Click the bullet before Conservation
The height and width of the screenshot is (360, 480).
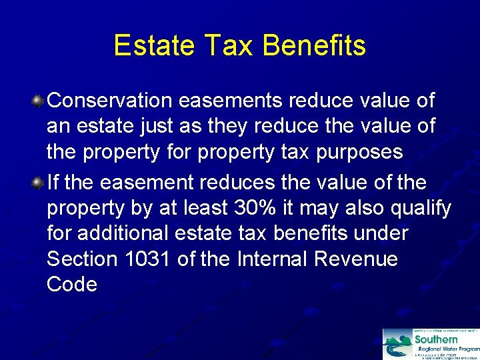[39, 101]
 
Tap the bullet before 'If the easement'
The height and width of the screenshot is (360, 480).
[39, 183]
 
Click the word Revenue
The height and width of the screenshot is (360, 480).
[359, 259]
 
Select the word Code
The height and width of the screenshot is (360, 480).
[72, 284]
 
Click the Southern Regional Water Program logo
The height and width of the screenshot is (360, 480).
[431, 343]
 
